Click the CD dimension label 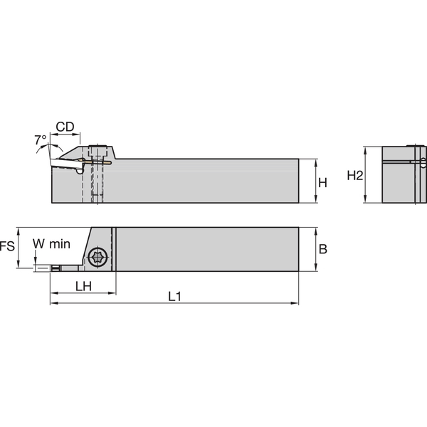point(65,127)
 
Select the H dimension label point(322,182)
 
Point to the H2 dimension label point(354,176)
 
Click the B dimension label point(322,249)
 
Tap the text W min point(51,244)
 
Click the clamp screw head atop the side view point(99,150)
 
